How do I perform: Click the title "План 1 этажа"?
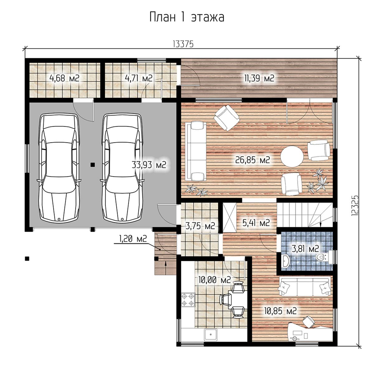(187, 17)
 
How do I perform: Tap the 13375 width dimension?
(183, 45)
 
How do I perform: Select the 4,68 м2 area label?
(65, 78)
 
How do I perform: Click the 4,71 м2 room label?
(138, 78)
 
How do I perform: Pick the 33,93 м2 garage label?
(149, 165)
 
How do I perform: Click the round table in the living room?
(292, 157)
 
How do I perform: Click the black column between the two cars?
(93, 165)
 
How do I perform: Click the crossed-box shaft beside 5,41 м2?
(230, 217)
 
